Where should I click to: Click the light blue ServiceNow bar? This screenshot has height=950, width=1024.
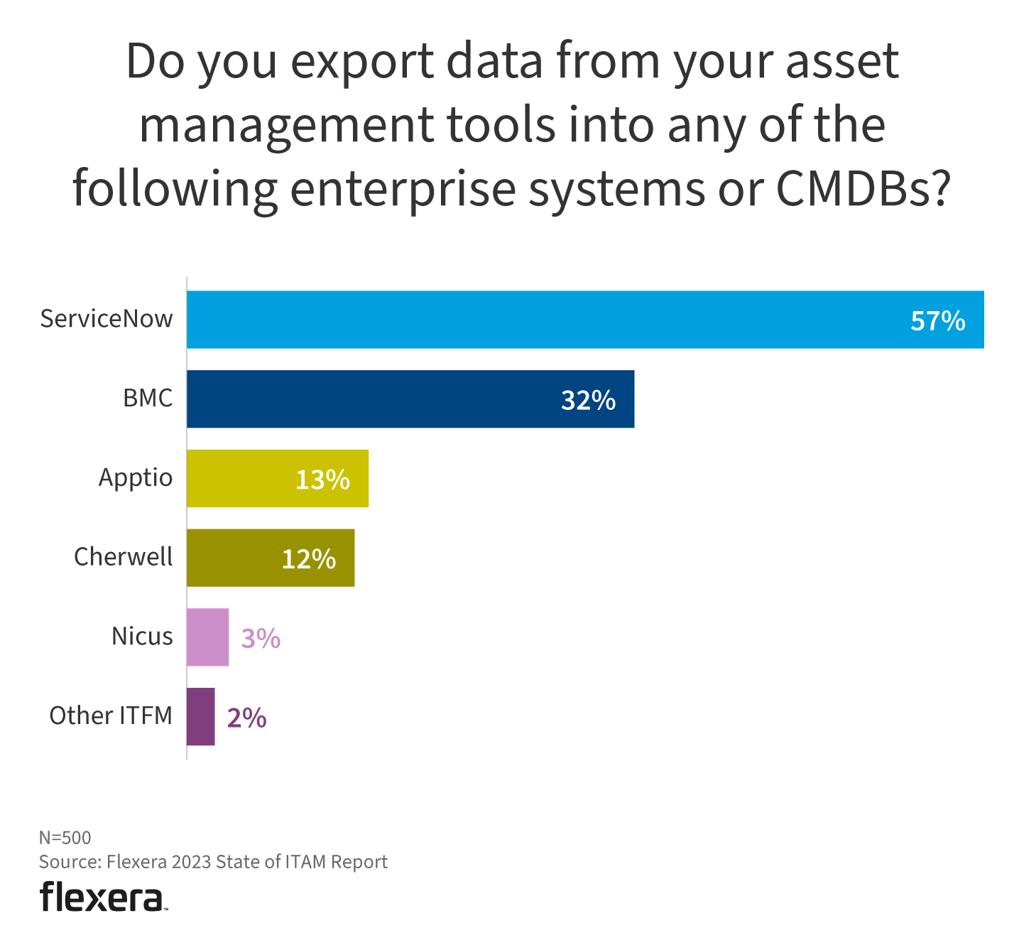[540, 320]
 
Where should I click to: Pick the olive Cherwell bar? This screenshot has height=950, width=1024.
[234, 558]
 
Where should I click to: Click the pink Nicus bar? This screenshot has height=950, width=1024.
[207, 637]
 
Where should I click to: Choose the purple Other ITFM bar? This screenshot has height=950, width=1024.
[200, 717]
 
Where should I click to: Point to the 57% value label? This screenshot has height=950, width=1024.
[937, 322]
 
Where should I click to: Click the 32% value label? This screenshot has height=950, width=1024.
[588, 401]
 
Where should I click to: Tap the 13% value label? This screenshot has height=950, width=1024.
[322, 481]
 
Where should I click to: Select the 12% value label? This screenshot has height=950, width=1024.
[309, 560]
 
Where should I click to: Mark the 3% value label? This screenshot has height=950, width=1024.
[261, 639]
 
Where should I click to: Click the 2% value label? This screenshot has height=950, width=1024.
[246, 719]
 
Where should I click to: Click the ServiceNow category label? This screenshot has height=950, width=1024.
[106, 319]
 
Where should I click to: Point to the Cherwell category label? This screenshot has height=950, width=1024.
[123, 557]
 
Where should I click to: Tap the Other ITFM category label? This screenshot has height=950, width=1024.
[111, 716]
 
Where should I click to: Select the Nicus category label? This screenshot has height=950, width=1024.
[142, 637]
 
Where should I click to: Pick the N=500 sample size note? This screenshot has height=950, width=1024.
[65, 838]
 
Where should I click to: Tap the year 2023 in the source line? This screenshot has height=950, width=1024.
[191, 862]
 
